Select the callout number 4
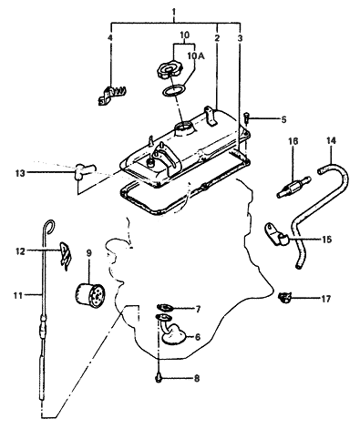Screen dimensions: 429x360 [110, 38]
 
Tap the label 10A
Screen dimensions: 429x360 [197, 56]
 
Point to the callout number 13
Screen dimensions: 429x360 [19, 171]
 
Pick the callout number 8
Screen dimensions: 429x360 [194, 376]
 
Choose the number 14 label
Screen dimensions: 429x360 [331, 141]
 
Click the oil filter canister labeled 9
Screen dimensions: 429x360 [90, 297]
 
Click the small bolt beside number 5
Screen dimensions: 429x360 [248, 117]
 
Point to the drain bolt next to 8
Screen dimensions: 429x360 [159, 374]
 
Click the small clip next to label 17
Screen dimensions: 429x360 [285, 296]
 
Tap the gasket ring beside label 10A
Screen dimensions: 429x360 [172, 91]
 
